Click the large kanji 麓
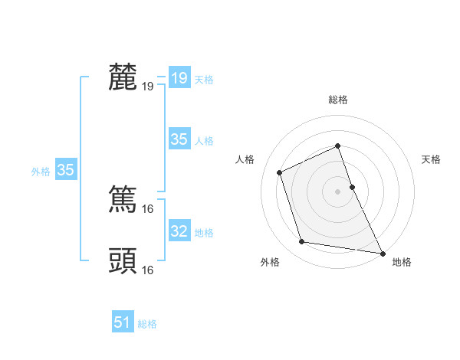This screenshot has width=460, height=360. click(x=123, y=77)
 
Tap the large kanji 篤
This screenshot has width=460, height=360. click(x=123, y=199)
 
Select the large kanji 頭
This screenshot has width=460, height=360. click(x=123, y=261)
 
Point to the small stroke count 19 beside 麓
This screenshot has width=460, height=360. click(x=148, y=86)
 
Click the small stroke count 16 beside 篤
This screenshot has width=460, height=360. click(x=148, y=208)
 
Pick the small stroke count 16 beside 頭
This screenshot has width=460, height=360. click(x=148, y=270)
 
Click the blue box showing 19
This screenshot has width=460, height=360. click(x=179, y=78)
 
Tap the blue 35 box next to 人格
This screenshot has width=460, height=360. click(x=179, y=139)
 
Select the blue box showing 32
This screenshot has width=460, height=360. click(x=179, y=231)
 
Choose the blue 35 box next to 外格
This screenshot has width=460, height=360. click(x=66, y=171)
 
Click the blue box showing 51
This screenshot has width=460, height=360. click(x=123, y=322)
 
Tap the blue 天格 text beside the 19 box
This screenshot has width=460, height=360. click(x=204, y=80)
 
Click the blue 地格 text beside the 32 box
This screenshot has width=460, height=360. click(x=204, y=233)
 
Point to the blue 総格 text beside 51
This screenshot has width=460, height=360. click(x=147, y=324)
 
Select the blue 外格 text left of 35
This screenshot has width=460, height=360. click(x=41, y=172)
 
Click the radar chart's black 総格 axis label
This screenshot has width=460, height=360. click(x=338, y=100)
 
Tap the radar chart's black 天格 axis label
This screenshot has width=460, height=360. click(x=432, y=159)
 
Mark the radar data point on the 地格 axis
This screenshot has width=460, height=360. click(x=383, y=253)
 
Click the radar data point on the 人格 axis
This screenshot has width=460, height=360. click(x=280, y=172)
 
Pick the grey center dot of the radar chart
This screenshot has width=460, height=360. click(x=338, y=191)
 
